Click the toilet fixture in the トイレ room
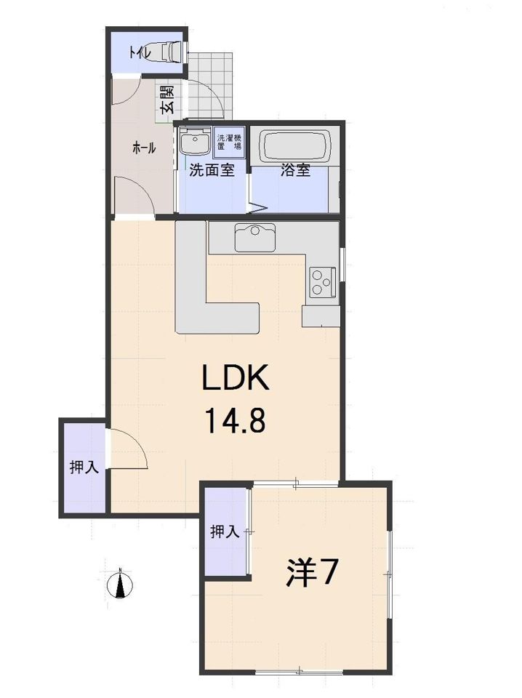point(171,53)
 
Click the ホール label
point(143,148)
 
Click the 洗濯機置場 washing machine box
point(229,141)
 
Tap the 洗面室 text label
point(211,172)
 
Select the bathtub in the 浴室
point(296,146)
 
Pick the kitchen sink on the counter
point(254,236)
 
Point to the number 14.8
point(234,420)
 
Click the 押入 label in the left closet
point(83,468)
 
